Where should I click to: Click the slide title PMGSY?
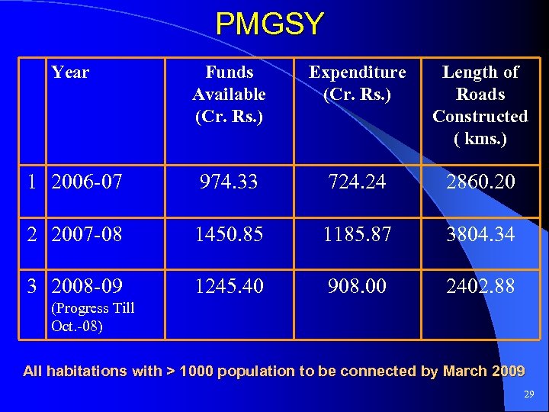[x=269, y=24]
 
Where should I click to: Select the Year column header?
[x=70, y=72]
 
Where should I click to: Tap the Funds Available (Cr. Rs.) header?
[x=229, y=94]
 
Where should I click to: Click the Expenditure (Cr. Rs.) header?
[x=357, y=83]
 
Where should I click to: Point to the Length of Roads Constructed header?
[x=480, y=105]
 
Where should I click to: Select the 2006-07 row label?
[x=86, y=182]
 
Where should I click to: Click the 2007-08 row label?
[x=86, y=234]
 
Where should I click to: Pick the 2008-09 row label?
[x=86, y=286]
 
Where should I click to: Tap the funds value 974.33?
[x=229, y=182]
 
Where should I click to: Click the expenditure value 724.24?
[x=357, y=182]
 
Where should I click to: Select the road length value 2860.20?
[x=480, y=182]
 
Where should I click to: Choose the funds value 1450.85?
[x=229, y=234]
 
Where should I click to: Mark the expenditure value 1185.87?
[x=357, y=234]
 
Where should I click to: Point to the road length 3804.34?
[x=480, y=234]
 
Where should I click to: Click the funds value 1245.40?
[x=229, y=286]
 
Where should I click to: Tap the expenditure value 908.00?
[x=357, y=286]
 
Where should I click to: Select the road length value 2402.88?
[x=480, y=286]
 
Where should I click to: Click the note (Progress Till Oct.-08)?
[x=91, y=317]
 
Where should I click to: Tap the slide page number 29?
[x=529, y=394]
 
